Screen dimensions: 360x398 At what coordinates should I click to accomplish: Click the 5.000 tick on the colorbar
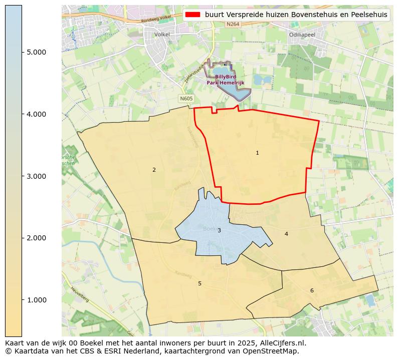[36, 52]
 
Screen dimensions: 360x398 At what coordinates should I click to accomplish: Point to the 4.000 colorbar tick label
[36, 114]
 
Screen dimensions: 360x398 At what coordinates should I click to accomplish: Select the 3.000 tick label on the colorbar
[36, 176]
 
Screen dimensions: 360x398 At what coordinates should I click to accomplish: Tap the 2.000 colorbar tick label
[36, 238]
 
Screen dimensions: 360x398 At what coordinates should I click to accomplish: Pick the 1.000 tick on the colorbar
[36, 300]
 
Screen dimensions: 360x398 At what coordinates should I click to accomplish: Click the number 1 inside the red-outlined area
[257, 153]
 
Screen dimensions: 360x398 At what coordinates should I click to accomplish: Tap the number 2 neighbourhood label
[154, 170]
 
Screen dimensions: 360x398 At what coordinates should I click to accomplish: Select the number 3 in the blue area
[219, 230]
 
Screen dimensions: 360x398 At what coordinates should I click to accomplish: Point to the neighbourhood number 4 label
[286, 234]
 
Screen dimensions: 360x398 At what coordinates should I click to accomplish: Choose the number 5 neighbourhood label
[200, 283]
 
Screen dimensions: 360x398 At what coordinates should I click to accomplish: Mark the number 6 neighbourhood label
[312, 290]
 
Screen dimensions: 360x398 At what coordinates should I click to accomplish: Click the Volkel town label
[162, 35]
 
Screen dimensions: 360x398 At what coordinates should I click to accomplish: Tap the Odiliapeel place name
[302, 35]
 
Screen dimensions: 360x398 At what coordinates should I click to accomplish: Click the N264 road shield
[233, 24]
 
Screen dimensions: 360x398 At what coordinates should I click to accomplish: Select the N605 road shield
[186, 99]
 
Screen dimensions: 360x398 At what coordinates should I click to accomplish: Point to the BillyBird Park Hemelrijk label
[225, 80]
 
